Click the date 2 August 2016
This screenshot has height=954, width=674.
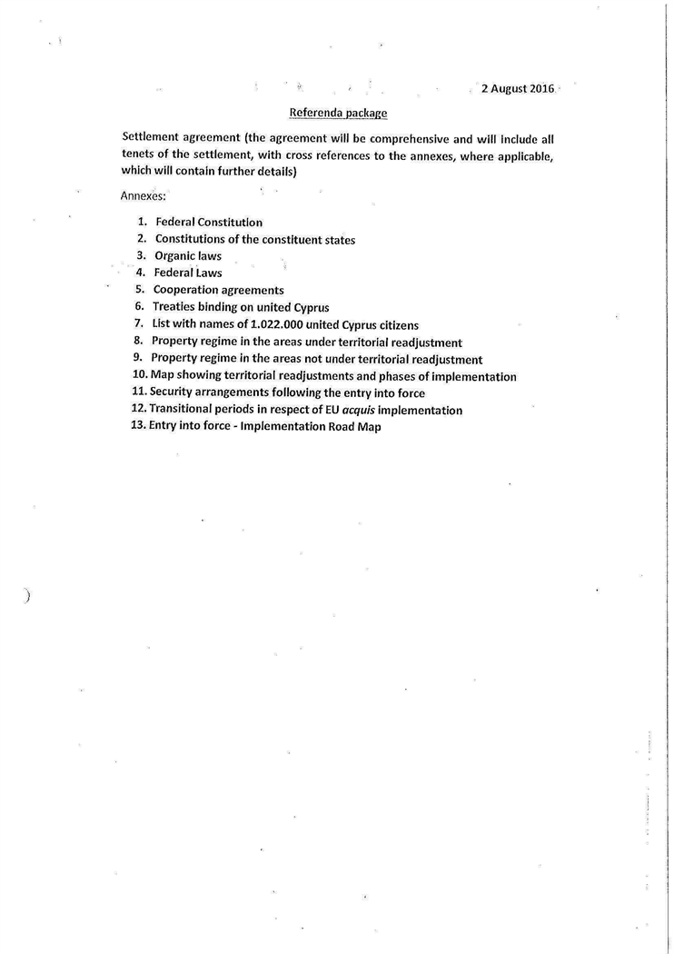(x=517, y=89)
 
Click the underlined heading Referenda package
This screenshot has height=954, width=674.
(x=338, y=114)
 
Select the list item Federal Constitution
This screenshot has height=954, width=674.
(x=209, y=223)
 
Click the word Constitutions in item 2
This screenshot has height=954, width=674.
(x=193, y=240)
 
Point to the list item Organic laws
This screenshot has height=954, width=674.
(x=188, y=256)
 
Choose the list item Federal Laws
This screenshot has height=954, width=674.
(x=188, y=273)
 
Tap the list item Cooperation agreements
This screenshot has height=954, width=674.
(x=218, y=290)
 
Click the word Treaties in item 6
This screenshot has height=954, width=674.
(x=177, y=307)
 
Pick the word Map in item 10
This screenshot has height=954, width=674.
(x=162, y=376)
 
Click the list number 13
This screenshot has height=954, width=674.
(x=139, y=426)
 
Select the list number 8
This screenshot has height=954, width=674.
(x=139, y=342)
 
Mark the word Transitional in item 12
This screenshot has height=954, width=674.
(x=185, y=410)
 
